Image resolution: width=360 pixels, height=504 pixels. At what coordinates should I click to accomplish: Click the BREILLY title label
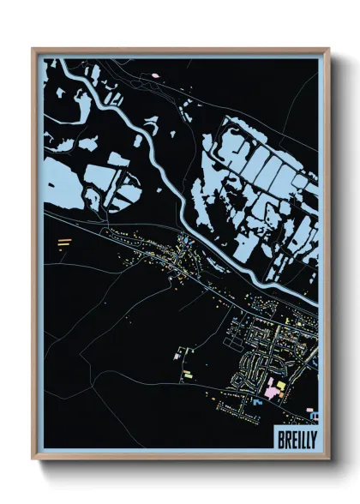[x=296, y=437]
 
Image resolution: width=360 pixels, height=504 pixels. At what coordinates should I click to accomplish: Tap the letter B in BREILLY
[x=279, y=437]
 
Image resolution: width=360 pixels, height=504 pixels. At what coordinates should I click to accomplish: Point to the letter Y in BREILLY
[x=313, y=437]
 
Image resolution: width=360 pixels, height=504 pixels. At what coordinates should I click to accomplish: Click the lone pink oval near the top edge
[x=156, y=75]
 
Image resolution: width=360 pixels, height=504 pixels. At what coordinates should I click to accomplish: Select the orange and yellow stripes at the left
[x=63, y=243]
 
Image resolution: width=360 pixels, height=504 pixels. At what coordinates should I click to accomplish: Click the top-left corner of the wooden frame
[x=33, y=49]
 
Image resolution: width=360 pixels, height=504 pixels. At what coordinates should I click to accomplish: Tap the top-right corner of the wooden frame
[x=328, y=49]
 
